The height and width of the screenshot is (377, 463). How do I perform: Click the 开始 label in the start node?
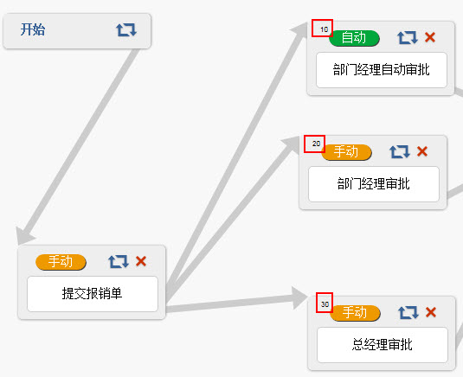(x=33, y=29)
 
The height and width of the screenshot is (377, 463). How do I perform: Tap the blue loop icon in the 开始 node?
(x=126, y=29)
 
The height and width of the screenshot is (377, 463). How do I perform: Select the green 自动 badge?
(x=354, y=38)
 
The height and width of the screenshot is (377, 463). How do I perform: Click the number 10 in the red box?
(x=324, y=29)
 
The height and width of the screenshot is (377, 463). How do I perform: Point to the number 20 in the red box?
(x=316, y=144)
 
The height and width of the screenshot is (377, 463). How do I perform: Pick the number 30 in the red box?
(x=325, y=304)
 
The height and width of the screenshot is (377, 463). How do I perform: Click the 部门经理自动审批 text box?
(x=382, y=70)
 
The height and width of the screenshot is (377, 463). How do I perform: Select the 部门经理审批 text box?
(x=374, y=184)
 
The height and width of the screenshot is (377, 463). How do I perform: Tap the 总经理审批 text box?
(x=383, y=345)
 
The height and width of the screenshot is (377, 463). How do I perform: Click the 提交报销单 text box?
(x=93, y=294)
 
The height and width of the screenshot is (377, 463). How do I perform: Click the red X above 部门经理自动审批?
(x=430, y=37)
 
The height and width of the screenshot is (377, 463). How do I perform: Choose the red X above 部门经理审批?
(x=422, y=151)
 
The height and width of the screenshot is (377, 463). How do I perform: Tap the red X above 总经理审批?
(x=431, y=312)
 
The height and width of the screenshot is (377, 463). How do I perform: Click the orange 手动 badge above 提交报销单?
(x=61, y=262)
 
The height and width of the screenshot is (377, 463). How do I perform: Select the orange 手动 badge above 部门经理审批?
(x=346, y=152)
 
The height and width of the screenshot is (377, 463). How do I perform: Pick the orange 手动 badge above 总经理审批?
(x=355, y=313)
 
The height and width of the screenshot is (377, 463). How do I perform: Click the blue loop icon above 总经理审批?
(x=408, y=312)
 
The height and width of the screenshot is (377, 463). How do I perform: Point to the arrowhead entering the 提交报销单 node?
(x=24, y=236)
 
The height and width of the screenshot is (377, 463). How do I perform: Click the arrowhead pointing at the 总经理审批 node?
(x=299, y=298)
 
